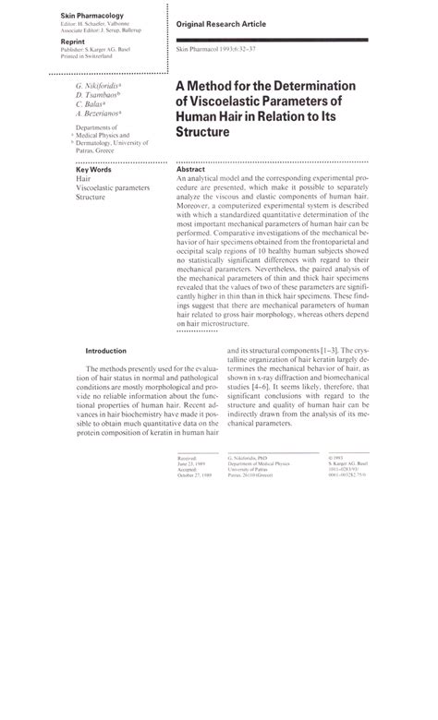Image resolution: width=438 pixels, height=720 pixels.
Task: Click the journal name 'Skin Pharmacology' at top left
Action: [92, 17]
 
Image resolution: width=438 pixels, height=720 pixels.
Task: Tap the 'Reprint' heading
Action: [74, 42]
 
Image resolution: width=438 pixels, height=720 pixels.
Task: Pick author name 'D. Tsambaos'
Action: [99, 94]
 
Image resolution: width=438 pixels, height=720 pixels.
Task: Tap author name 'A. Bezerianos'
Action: [101, 114]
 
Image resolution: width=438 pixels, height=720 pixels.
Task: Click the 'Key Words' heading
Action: [94, 170]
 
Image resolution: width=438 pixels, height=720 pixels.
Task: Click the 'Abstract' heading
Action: [190, 170]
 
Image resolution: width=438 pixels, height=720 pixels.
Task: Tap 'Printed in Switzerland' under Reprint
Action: [87, 57]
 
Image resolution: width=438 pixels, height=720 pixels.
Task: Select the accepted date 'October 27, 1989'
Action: [194, 476]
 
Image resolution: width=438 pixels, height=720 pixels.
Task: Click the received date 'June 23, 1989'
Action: [190, 463]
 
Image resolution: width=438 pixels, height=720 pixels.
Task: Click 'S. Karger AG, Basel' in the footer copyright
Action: [347, 463]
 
